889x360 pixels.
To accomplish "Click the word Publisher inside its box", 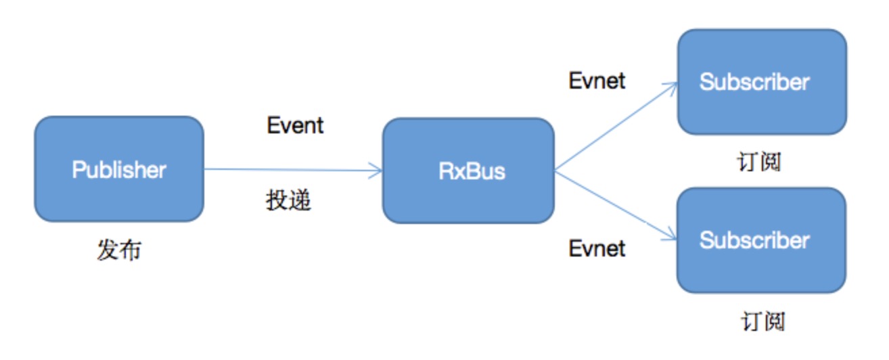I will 119,169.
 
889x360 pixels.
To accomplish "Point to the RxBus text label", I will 472,171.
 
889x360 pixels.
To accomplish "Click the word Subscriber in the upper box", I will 754,82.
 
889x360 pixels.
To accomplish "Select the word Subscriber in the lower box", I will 754,240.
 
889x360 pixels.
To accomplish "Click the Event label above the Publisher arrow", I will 295,125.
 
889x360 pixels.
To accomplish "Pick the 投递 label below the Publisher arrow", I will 288,201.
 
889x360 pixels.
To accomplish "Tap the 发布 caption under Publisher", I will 119,250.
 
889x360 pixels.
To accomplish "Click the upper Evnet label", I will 597,81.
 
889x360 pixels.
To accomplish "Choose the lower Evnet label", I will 597,248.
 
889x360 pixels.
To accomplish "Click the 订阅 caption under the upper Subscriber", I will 759,162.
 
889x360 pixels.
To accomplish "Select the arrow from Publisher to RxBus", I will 291,170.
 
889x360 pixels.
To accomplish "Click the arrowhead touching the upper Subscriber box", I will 672,87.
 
